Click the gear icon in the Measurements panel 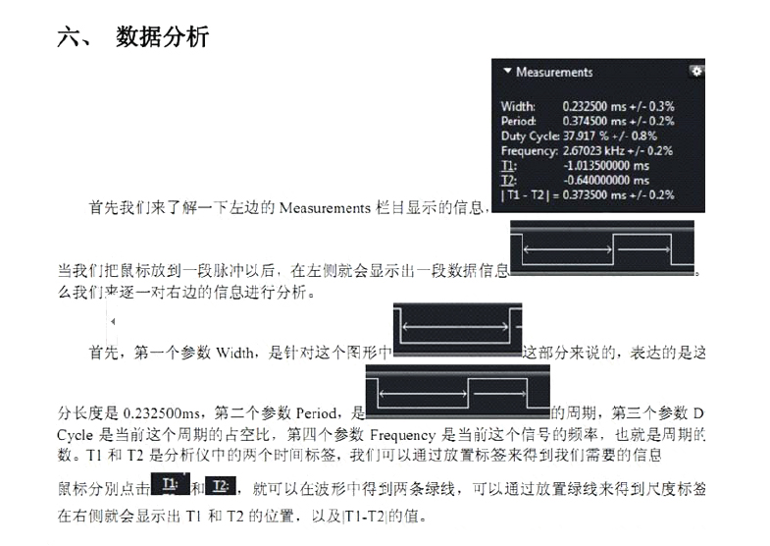click(696, 71)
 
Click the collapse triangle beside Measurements click(506, 72)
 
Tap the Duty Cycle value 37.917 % click(587, 136)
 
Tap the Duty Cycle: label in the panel click(530, 136)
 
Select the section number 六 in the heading click(72, 37)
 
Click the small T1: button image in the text click(171, 484)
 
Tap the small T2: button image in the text click(221, 484)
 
